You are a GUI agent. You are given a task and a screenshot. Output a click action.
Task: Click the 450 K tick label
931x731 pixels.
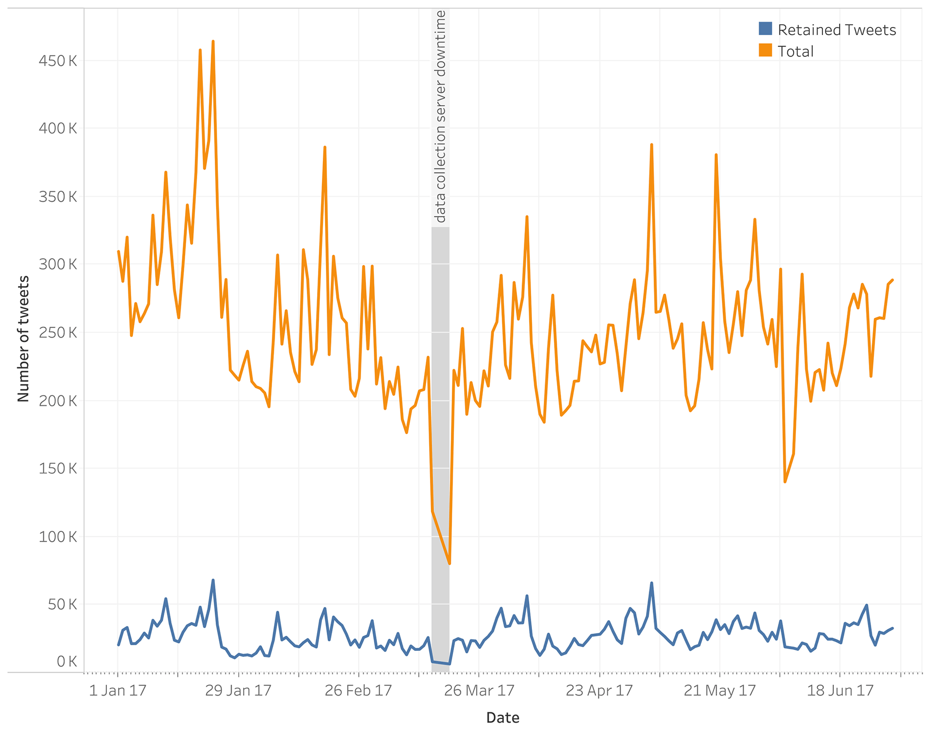pos(58,61)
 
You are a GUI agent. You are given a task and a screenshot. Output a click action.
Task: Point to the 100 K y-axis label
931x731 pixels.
pos(58,537)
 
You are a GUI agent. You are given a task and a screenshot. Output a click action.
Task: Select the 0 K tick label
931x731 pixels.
pos(67,662)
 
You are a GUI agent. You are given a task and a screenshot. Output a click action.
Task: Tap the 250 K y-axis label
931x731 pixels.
pos(58,333)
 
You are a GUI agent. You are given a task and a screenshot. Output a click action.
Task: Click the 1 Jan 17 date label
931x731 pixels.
pos(118,691)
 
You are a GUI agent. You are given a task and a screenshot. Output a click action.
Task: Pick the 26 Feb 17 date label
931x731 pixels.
pos(358,691)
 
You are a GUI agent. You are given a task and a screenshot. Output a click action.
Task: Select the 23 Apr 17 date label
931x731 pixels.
pos(599,691)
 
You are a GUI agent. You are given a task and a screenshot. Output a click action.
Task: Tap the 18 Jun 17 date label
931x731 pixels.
pos(840,691)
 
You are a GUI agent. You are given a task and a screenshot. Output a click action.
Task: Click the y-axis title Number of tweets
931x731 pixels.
pos(23,338)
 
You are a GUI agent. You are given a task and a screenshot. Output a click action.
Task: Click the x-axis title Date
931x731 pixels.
pos(503,718)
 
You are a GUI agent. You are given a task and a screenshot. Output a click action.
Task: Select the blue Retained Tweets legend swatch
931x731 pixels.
pos(765,29)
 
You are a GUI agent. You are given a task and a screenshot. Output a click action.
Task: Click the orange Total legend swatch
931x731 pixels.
pos(765,50)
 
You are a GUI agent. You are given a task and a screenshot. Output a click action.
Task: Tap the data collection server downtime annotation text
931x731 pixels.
pos(440,117)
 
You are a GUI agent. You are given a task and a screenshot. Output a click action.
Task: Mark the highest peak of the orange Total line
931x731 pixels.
pos(213,41)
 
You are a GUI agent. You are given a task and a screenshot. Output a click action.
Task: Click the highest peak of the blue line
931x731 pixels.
pos(213,580)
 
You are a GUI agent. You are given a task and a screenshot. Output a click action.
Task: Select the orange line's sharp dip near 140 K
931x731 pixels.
pos(785,482)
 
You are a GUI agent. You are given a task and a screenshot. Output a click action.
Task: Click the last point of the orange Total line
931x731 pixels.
pos(893,280)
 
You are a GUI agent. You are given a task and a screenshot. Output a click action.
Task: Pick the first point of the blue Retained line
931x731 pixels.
pos(118,645)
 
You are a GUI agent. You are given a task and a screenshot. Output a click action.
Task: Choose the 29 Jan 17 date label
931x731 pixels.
pos(238,691)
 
